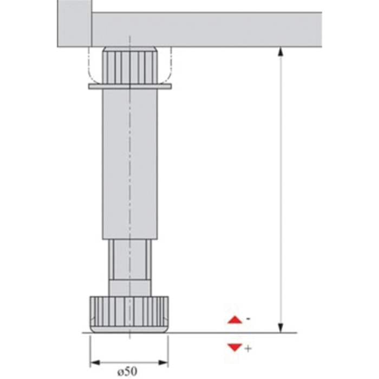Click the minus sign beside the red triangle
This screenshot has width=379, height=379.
[x=247, y=319]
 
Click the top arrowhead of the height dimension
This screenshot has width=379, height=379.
[x=280, y=52]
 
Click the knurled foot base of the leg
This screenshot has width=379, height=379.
[x=129, y=314]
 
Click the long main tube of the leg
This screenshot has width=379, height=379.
[x=129, y=162]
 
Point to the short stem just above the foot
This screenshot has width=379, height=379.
[x=129, y=287]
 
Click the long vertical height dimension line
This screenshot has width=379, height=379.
[x=280, y=190]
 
